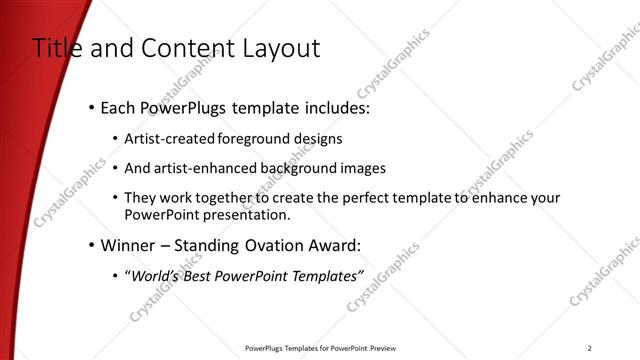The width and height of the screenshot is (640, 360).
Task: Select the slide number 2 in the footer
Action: point(590,348)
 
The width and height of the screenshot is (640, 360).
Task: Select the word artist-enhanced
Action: point(204,168)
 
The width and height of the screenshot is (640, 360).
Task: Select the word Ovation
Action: point(268,245)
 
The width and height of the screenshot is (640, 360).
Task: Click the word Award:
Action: point(332,245)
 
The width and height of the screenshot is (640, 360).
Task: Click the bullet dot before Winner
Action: point(91,245)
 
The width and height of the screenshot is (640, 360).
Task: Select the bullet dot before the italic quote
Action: point(115,275)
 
